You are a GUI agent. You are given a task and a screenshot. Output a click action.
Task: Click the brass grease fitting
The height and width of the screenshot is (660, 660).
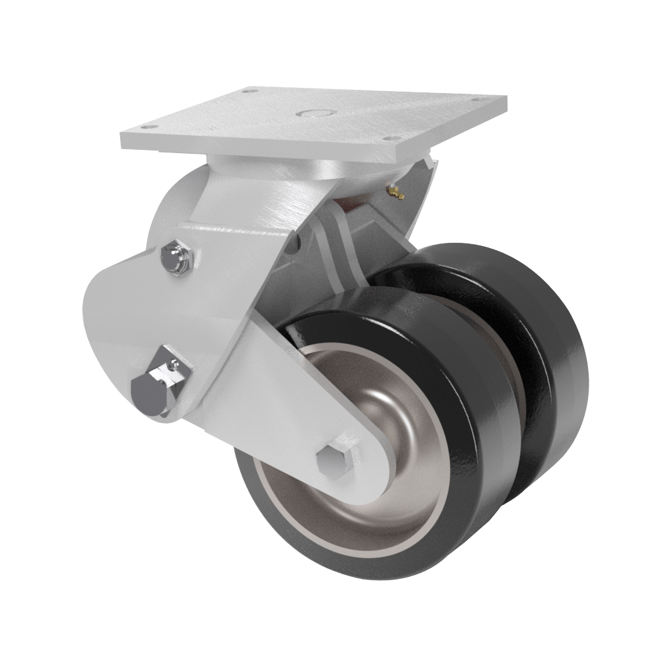tap(395, 191)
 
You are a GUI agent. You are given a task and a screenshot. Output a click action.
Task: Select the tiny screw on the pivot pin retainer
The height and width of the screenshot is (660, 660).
tap(174, 364)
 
